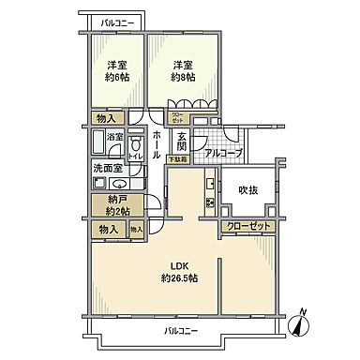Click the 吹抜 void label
(x=247, y=192)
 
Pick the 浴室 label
(x=113, y=137)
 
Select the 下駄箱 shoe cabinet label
(x=177, y=160)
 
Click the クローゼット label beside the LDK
(x=248, y=226)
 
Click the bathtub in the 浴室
(x=98, y=143)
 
